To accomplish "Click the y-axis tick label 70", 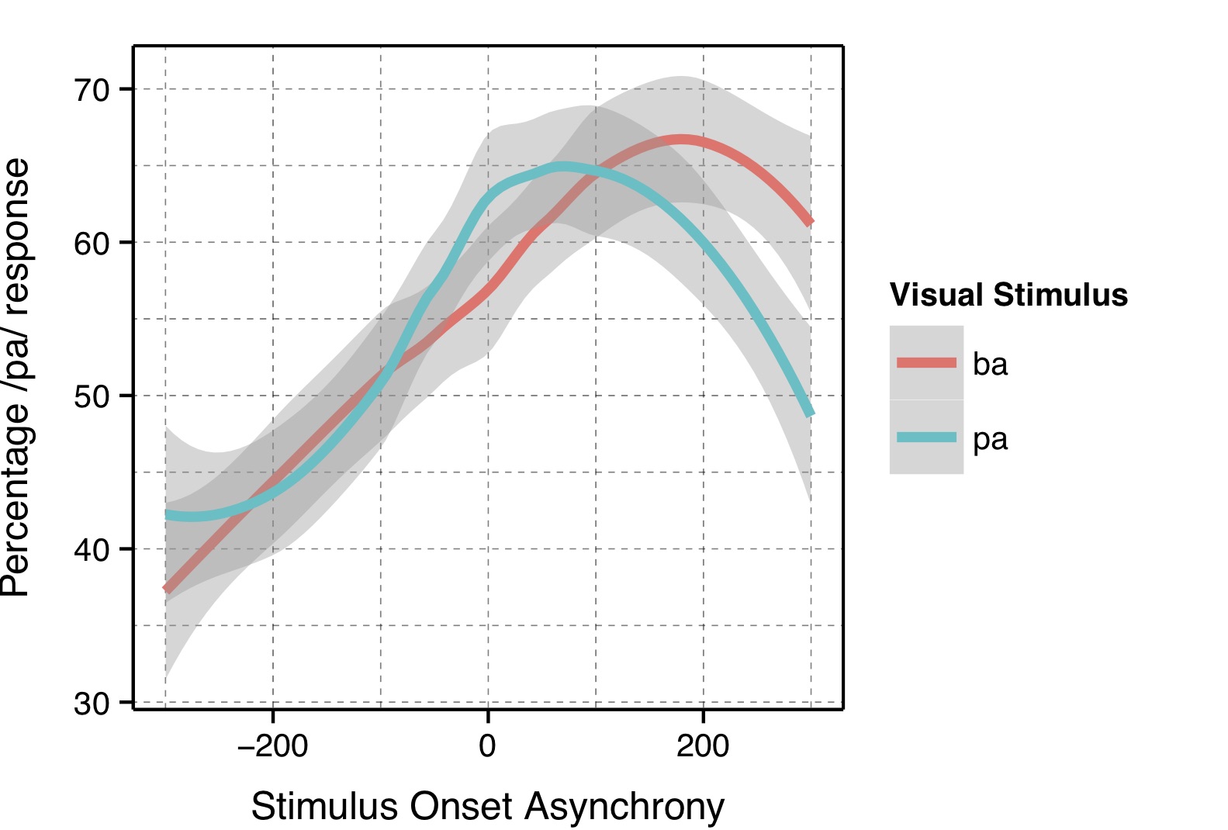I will (92, 90).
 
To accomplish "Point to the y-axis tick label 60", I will (92, 244).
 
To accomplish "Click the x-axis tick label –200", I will (272, 746).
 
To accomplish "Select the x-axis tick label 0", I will (487, 746).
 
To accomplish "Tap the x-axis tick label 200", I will (703, 746).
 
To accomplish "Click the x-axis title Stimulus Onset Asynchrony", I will (487, 807).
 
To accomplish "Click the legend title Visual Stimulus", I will (1008, 295).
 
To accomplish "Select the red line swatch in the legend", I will (926, 363).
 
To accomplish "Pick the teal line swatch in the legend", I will (926, 437).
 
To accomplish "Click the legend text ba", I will (990, 365).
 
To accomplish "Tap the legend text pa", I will (990, 440).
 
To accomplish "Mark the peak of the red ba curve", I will (681, 140).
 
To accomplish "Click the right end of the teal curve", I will (811, 413).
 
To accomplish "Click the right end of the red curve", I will (811, 223).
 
